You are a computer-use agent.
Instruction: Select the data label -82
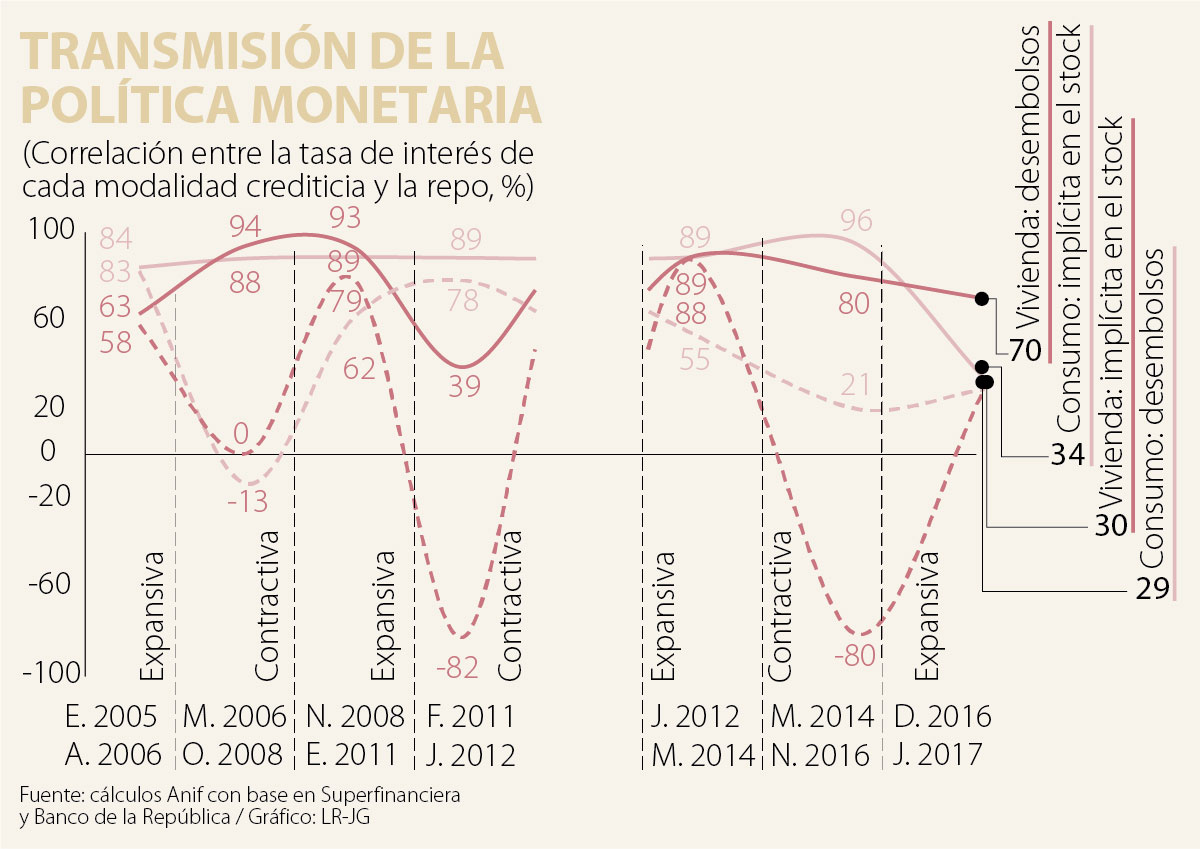coord(461,667)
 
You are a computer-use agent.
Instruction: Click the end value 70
coord(1025,351)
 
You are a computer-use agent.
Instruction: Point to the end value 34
coord(1067,455)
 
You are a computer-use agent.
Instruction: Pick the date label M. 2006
coord(235,717)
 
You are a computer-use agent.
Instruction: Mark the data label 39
coord(464,386)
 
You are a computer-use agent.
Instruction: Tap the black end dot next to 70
coord(982,298)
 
